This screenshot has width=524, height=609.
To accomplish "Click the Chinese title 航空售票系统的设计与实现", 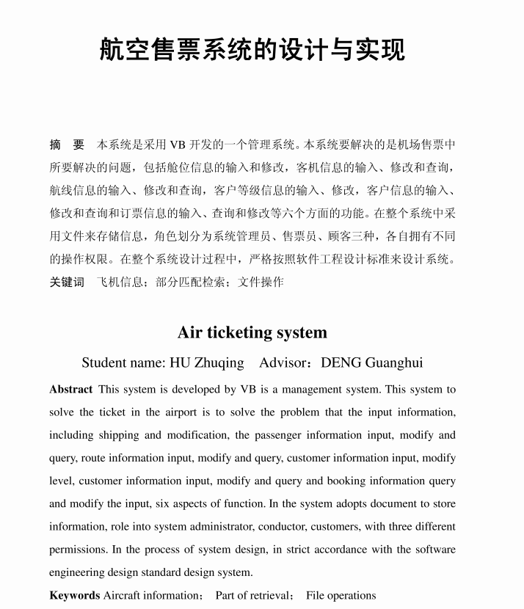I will (252, 50).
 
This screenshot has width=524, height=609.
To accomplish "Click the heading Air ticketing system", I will (252, 332).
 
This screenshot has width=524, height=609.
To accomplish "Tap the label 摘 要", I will (67, 145).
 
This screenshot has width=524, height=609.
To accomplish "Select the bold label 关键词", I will (67, 282).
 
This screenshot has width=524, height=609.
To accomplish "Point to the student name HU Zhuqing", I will (206, 362).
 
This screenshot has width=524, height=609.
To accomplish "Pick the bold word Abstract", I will (70, 390).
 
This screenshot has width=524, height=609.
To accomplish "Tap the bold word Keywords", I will (74, 595).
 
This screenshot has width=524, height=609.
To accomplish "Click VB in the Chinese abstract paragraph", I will (178, 145).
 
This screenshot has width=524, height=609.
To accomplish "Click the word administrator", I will (274, 527).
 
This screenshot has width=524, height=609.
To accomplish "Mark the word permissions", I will (81, 550).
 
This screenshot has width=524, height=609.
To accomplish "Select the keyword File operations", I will (341, 595).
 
